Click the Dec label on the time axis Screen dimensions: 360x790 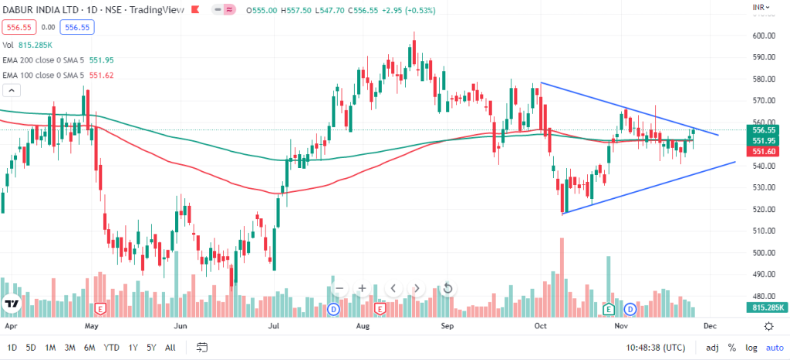709,325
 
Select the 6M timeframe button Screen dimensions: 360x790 89,348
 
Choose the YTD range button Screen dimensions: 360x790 111,348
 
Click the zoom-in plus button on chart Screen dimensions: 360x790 362,288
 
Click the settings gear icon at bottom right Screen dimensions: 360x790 768,326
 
